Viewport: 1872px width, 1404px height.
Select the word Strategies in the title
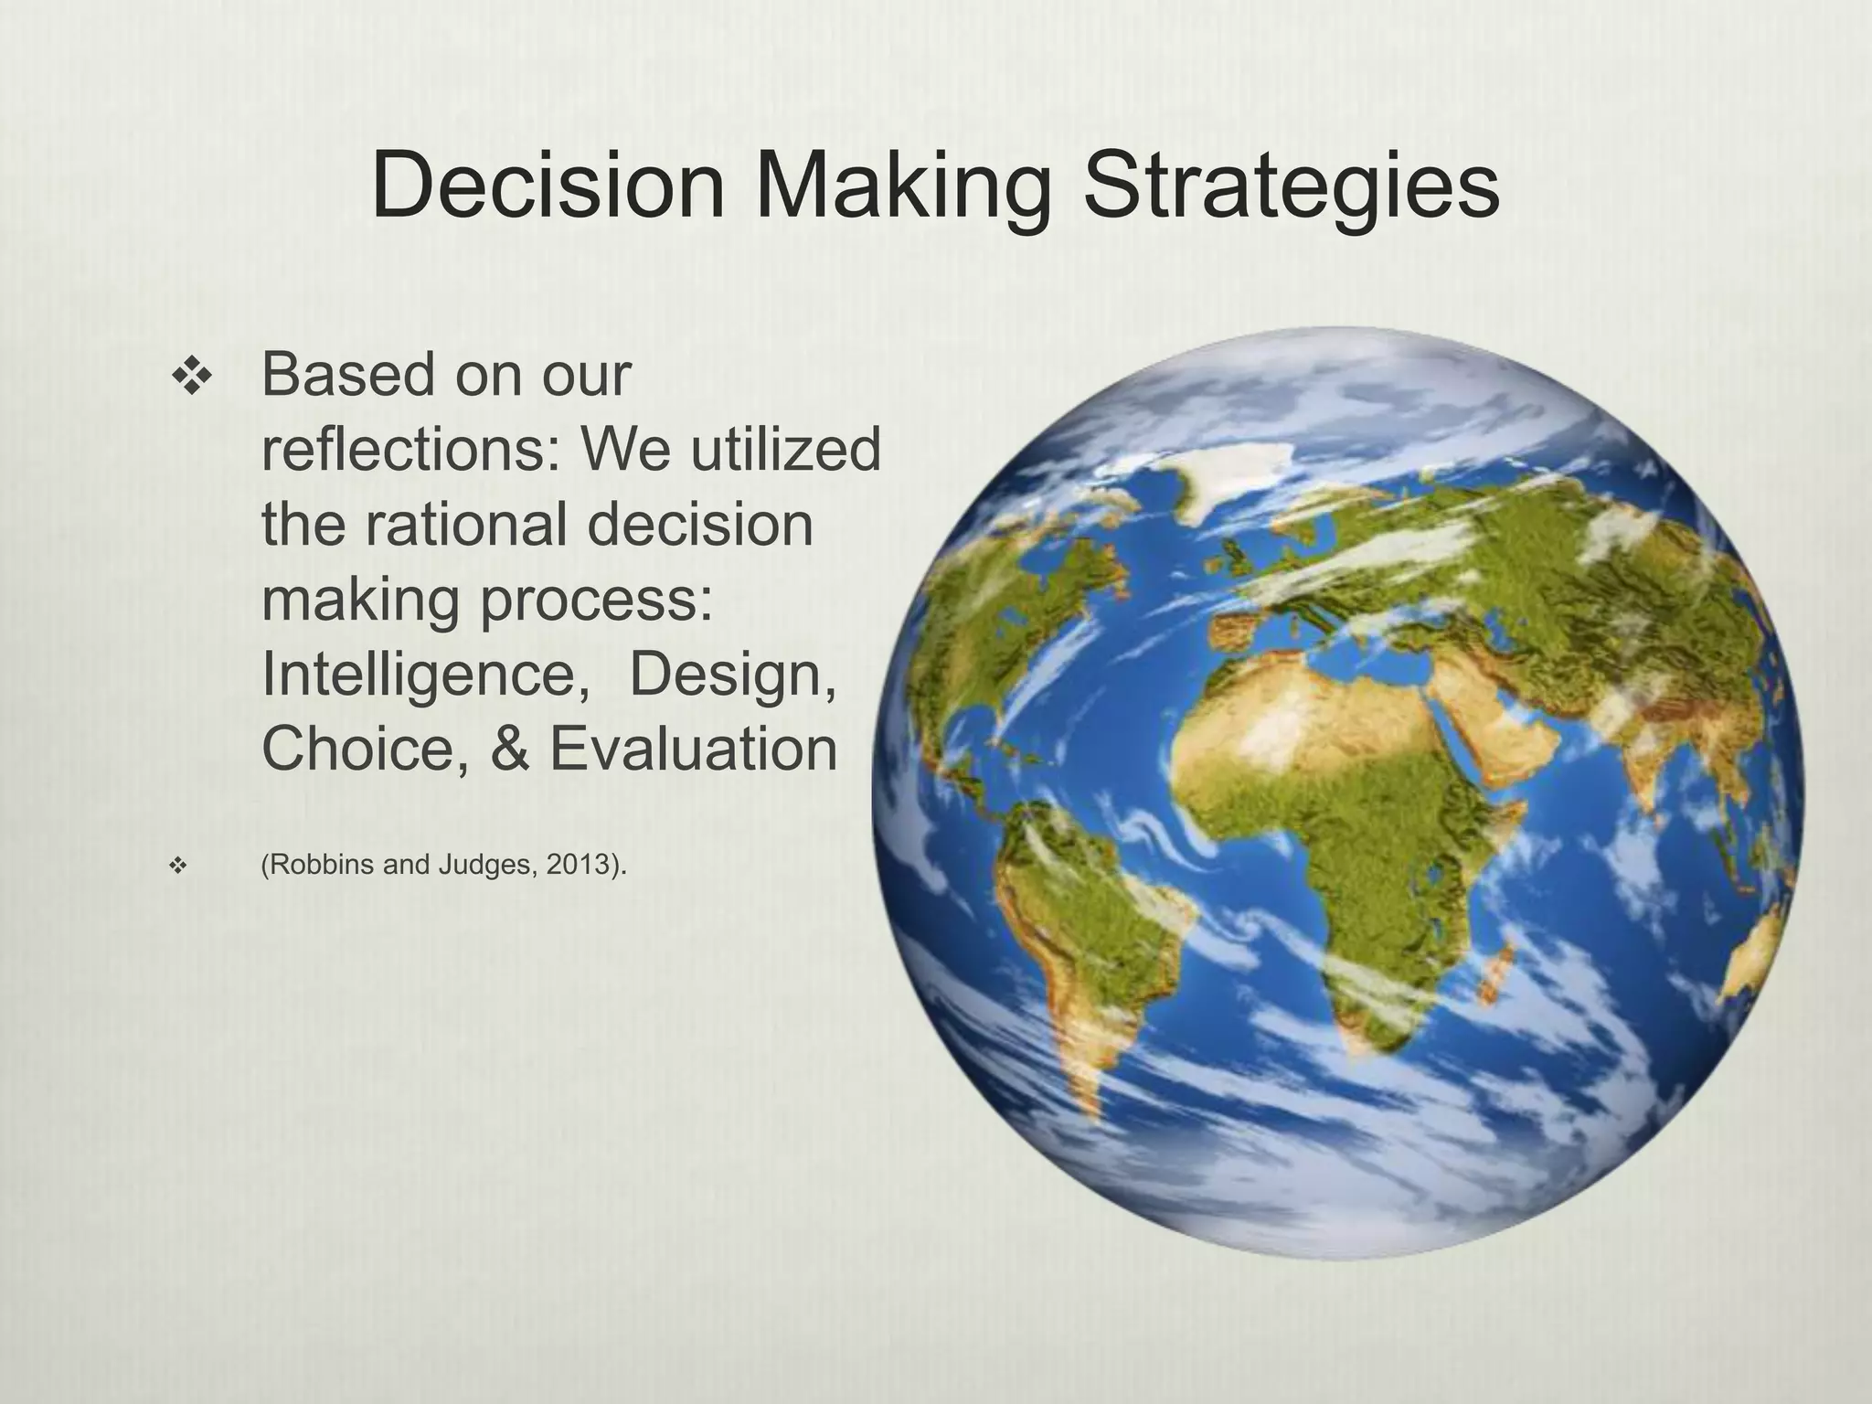point(1290,187)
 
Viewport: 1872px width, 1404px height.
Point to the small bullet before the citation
point(179,865)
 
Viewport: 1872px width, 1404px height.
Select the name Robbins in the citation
point(319,865)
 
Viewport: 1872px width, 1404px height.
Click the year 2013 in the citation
point(578,865)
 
